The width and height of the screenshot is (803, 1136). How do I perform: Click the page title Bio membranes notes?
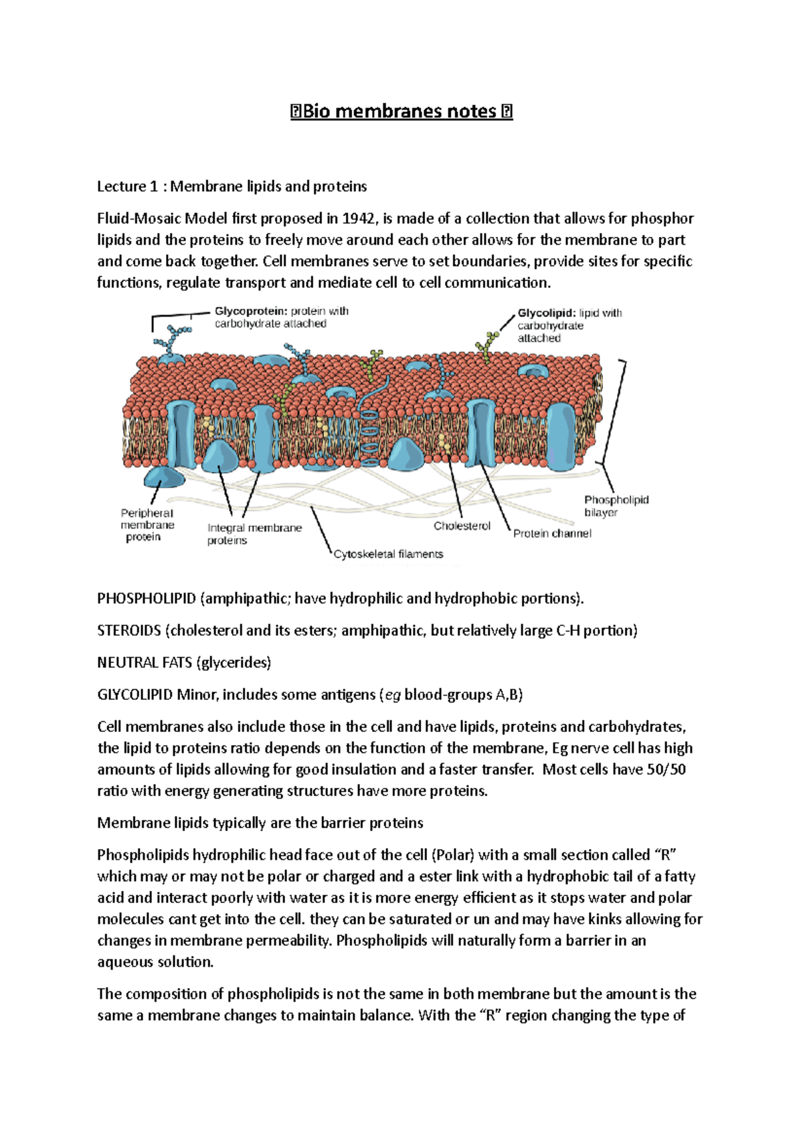pyautogui.click(x=401, y=111)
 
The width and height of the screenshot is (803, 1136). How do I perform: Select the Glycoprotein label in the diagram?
pyautogui.click(x=250, y=311)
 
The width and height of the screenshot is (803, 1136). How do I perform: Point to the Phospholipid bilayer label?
pyautogui.click(x=616, y=506)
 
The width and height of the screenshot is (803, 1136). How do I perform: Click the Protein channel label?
pyautogui.click(x=552, y=533)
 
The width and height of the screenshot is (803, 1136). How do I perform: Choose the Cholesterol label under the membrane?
pyautogui.click(x=462, y=526)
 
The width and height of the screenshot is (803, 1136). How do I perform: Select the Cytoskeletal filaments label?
pyautogui.click(x=388, y=554)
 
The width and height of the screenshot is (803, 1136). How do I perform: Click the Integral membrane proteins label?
pyautogui.click(x=254, y=533)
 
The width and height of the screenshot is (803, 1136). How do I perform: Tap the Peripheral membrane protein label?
pyautogui.click(x=147, y=525)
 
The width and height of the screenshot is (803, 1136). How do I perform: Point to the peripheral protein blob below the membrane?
pyautogui.click(x=164, y=478)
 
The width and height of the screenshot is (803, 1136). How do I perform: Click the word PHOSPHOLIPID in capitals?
pyautogui.click(x=147, y=598)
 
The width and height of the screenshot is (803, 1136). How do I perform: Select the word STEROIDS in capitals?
pyautogui.click(x=129, y=630)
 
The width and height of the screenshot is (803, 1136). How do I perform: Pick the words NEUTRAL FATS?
pyautogui.click(x=145, y=662)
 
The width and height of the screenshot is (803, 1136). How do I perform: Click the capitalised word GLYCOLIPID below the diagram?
pyautogui.click(x=135, y=694)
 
